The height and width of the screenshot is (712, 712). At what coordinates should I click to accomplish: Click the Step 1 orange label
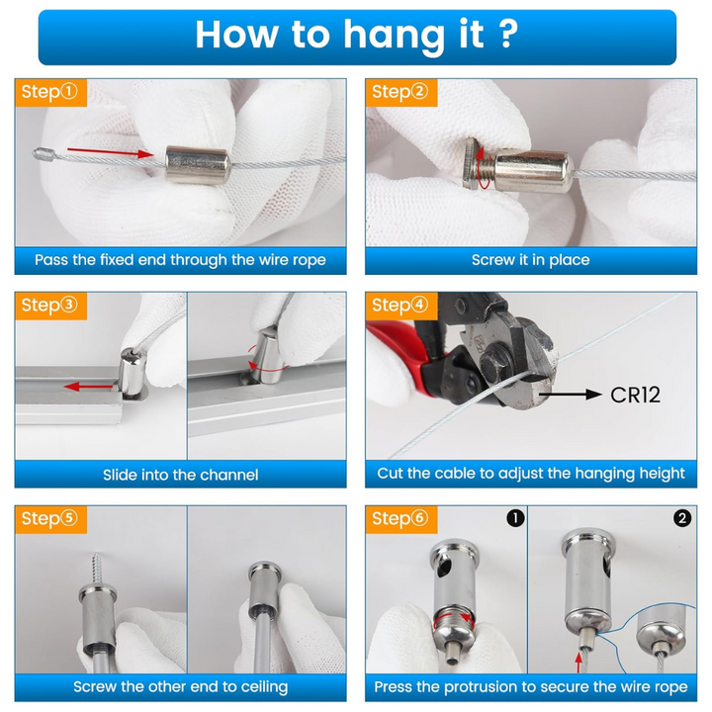coord(50,93)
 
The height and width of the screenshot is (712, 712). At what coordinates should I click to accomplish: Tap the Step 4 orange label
coord(401,306)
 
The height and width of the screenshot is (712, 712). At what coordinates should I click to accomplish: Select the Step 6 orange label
coord(401,519)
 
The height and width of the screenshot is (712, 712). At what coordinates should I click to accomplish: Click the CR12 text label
coord(635,395)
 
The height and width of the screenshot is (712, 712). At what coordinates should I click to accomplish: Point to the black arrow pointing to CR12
coord(571,395)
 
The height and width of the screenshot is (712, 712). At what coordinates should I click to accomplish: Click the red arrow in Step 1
coord(111,152)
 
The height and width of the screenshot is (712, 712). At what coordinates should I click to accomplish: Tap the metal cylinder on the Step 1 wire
coord(198,165)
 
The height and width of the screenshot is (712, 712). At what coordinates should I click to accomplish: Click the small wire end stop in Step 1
coord(44,154)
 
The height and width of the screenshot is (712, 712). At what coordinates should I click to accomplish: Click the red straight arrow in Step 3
coord(89,387)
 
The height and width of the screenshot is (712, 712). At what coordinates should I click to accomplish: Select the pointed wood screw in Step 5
coord(97,571)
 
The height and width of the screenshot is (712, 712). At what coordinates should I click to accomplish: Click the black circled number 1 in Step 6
coord(515,518)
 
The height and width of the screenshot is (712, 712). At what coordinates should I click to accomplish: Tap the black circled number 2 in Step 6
coord(682,518)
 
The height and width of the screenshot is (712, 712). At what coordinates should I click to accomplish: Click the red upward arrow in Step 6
coord(578,662)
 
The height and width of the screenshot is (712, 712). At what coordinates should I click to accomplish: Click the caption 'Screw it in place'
coord(530,260)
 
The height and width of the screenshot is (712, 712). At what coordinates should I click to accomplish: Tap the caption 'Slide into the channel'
coord(180,475)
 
